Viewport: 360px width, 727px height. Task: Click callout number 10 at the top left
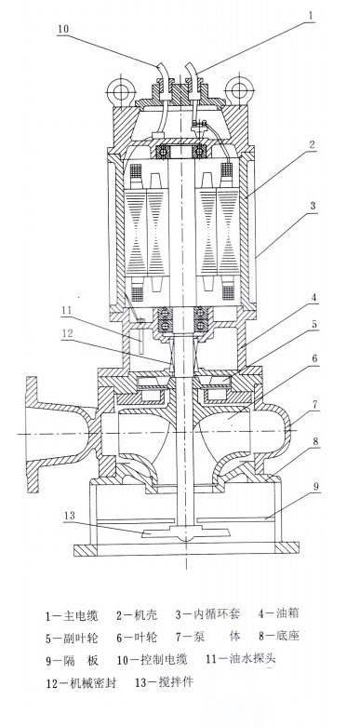tap(63, 29)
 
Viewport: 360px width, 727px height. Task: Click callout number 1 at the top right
tap(312, 15)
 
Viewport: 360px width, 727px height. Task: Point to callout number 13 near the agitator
tap(70, 515)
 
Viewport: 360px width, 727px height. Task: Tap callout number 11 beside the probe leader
tap(67, 310)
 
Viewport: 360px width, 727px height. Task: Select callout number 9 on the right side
tap(316, 486)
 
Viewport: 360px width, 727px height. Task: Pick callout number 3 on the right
tap(313, 205)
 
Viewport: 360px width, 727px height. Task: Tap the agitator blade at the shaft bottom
tap(185, 532)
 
